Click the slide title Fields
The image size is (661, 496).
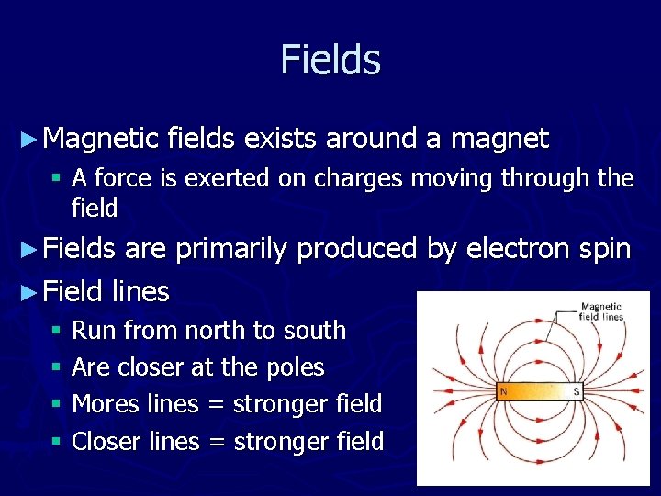pyautogui.click(x=330, y=60)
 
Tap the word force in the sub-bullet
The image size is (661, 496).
pyautogui.click(x=125, y=178)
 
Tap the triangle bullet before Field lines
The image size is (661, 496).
pyautogui.click(x=29, y=292)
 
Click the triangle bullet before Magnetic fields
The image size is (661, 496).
pyautogui.click(x=29, y=140)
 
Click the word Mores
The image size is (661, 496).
pyautogui.click(x=105, y=404)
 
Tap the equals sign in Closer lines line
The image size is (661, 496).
pyautogui.click(x=217, y=442)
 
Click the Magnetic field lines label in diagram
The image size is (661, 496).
pyautogui.click(x=601, y=311)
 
